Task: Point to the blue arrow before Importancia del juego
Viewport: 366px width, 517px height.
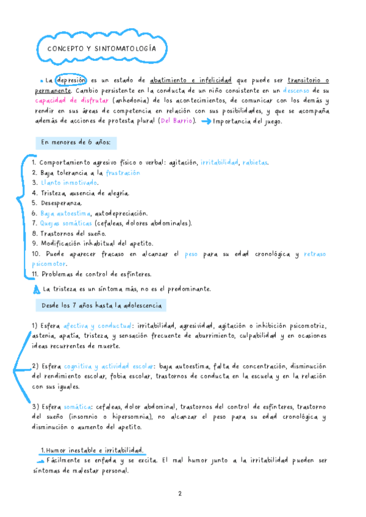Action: pos(204,121)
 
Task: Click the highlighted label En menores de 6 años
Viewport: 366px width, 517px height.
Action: pos(76,143)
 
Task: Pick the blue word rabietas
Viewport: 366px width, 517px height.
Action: pos(254,163)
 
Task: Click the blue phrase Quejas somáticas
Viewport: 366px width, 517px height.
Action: pos(70,224)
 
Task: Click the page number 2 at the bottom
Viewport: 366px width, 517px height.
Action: pos(180,494)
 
